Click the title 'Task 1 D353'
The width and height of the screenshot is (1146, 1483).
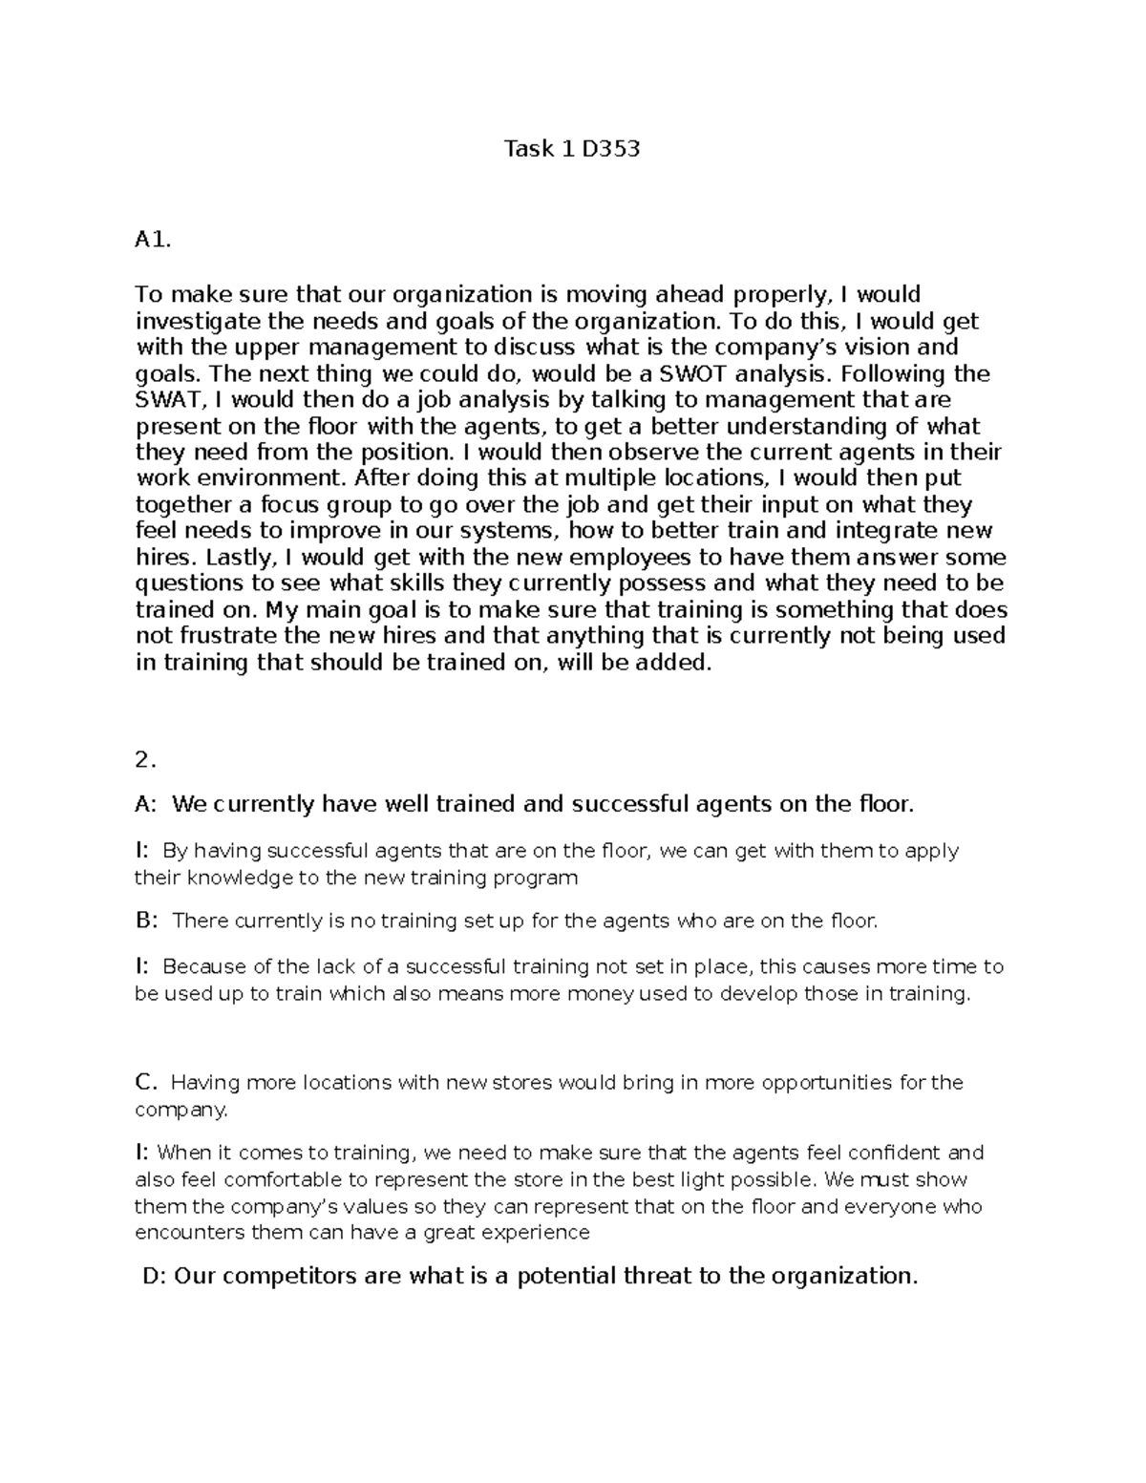coord(571,149)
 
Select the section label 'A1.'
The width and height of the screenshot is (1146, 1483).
coord(153,241)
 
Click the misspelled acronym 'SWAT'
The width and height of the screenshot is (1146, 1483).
coord(166,400)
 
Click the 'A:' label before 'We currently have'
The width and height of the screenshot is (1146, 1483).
coord(146,804)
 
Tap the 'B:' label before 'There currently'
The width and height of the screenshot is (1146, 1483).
coord(146,921)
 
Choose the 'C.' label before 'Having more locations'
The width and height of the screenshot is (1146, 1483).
coord(145,1082)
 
